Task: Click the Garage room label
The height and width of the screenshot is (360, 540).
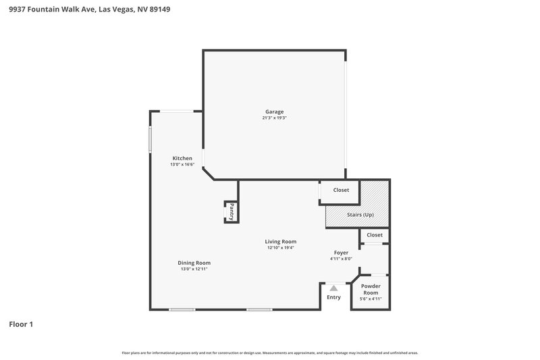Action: click(274, 111)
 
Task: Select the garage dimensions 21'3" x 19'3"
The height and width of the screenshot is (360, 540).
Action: click(274, 118)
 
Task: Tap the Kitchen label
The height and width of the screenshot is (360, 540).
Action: click(182, 158)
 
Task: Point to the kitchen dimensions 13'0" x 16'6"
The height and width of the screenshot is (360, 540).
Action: click(182, 165)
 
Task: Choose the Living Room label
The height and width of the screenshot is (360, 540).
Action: click(280, 241)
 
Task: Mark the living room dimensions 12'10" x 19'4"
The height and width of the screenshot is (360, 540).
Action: click(280, 248)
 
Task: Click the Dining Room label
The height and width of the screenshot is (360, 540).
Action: click(194, 263)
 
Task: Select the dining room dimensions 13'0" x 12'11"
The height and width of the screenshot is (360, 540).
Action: click(194, 269)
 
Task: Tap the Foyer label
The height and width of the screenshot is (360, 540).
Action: click(341, 252)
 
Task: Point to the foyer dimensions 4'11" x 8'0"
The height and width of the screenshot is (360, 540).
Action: click(341, 259)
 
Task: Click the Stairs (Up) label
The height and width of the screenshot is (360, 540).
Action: click(360, 215)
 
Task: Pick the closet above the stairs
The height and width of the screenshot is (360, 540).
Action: click(341, 190)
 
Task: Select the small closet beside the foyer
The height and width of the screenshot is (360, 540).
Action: click(375, 235)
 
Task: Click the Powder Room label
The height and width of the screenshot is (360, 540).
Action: click(370, 288)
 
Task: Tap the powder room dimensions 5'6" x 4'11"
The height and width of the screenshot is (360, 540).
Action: click(370, 299)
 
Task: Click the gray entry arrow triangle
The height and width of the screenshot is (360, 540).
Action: click(333, 288)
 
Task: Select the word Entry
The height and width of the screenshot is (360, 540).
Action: click(333, 297)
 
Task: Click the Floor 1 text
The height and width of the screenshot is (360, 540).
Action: click(21, 325)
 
